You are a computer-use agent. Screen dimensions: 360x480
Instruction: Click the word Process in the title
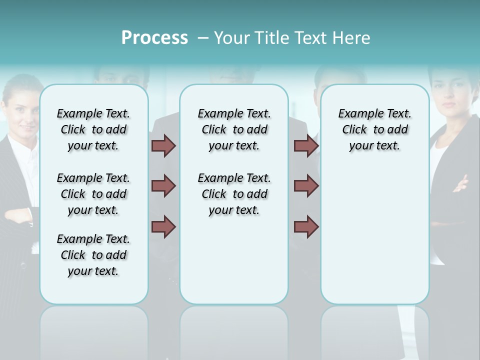(x=154, y=38)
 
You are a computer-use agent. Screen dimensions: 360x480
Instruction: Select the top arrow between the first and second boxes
(x=163, y=145)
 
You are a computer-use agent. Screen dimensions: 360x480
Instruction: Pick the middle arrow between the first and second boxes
(x=163, y=186)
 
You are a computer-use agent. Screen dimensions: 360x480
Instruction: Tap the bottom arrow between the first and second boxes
(x=163, y=226)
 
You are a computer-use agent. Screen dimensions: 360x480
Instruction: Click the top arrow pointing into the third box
(x=306, y=145)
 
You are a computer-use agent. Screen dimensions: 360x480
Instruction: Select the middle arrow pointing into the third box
(x=306, y=186)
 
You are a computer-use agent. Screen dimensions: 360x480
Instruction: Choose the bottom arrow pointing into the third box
(x=306, y=226)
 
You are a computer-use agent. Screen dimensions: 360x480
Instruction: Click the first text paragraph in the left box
(x=93, y=129)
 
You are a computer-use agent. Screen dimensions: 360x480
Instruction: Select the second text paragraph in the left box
(x=93, y=194)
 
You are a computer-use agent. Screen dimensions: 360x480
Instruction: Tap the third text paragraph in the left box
(x=93, y=255)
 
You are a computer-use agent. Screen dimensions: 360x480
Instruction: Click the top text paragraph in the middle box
(x=234, y=129)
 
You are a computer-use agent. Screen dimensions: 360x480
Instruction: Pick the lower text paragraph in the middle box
(x=234, y=194)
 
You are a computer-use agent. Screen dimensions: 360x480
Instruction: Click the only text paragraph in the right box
(x=374, y=129)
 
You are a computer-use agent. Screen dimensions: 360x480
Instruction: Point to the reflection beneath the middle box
(x=234, y=330)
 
